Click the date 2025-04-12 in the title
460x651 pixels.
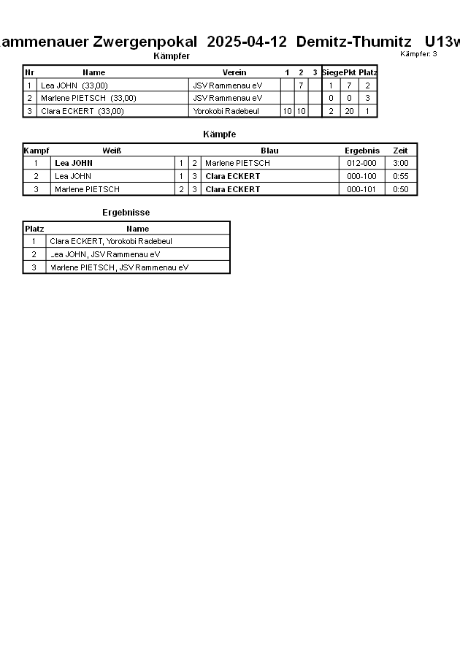[x=247, y=42]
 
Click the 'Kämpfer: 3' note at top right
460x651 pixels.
[x=419, y=54]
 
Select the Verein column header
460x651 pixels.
[x=234, y=72]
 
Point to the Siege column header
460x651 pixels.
[x=332, y=72]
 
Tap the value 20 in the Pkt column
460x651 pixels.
[x=349, y=111]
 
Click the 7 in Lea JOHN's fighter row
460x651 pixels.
[x=301, y=85]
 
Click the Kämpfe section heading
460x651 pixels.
[x=219, y=134]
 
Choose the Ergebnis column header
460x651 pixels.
[x=362, y=151]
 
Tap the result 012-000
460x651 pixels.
[x=362, y=163]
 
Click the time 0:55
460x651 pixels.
[x=401, y=176]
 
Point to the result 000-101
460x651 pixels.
[x=362, y=189]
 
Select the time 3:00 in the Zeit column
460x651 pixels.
[x=401, y=163]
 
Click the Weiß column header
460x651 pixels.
[x=112, y=151]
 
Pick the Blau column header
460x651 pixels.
[x=269, y=151]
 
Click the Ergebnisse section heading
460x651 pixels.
[x=126, y=212]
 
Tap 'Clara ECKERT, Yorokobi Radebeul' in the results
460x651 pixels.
[x=111, y=241]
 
